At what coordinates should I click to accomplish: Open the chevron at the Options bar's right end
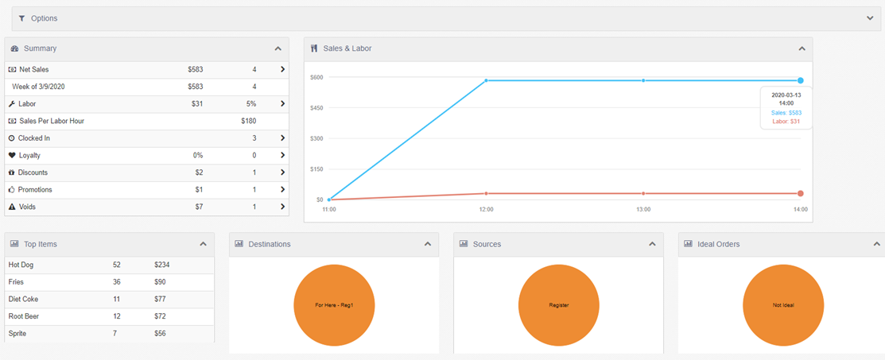(x=870, y=18)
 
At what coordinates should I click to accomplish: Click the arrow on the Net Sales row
(x=282, y=69)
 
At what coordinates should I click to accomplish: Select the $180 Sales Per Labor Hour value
(x=248, y=121)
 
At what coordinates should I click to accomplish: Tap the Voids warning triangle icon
(x=12, y=207)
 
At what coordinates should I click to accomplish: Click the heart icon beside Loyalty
(x=12, y=155)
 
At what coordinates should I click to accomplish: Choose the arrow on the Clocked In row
(x=282, y=138)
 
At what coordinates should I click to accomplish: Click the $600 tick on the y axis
(x=316, y=77)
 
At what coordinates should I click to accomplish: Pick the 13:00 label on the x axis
(x=643, y=209)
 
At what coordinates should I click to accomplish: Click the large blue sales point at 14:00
(x=801, y=81)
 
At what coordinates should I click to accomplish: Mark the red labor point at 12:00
(x=486, y=194)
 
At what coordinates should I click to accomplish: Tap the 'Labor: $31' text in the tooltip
(x=786, y=122)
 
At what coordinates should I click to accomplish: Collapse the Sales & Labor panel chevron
(x=802, y=48)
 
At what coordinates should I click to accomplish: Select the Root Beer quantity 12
(x=116, y=316)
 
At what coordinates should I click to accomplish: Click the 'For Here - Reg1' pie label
(x=334, y=305)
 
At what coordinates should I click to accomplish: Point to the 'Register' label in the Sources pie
(x=559, y=305)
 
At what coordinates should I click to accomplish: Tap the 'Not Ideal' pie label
(x=783, y=305)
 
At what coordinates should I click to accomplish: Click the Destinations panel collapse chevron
(x=428, y=244)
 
